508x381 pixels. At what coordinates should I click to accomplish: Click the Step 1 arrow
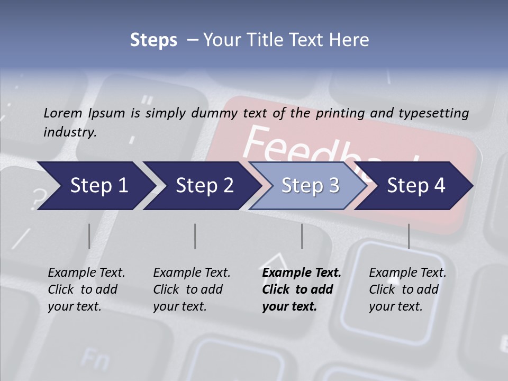coord(95,186)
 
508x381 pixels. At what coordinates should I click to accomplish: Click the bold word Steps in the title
coord(153,40)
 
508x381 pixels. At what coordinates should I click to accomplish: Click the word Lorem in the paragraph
coord(63,113)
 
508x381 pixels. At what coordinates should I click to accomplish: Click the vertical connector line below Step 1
coord(89,236)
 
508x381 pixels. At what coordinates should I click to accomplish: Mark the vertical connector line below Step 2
coord(195,236)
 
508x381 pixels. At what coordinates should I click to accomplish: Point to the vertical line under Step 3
coord(302,236)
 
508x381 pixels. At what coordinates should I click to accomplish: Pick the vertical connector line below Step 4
coord(409,236)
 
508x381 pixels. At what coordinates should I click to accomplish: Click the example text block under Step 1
coord(86,289)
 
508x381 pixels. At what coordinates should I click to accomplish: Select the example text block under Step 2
coord(192,289)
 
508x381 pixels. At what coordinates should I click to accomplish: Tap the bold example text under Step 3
coord(302,289)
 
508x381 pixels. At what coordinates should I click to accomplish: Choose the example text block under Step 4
coord(407,289)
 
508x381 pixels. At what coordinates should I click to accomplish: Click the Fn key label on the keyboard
coord(95,360)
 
